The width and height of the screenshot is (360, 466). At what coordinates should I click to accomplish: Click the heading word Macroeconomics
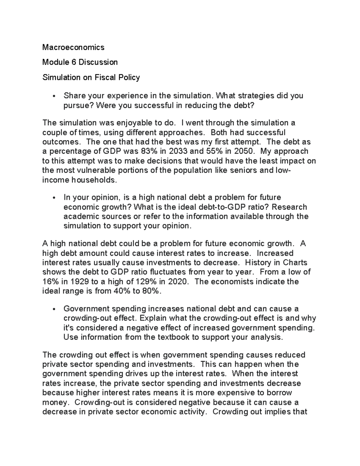point(73,47)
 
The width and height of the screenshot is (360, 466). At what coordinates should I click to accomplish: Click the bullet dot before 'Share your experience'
point(54,96)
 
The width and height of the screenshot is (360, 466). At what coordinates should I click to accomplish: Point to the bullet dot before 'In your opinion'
point(54,198)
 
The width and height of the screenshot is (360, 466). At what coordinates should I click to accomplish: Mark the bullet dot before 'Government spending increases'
point(54,309)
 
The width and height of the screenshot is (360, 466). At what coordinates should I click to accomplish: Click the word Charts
point(295,263)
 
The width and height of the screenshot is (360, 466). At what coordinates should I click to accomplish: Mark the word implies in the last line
point(277,411)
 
